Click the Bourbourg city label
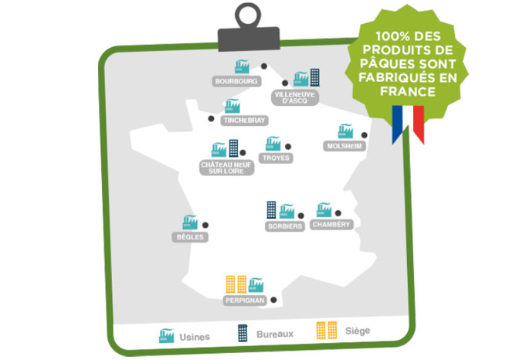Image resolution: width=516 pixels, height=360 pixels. pos(236,80)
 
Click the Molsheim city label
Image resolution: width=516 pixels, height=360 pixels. pos(343,147)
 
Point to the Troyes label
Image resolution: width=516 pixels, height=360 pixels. pos(276,158)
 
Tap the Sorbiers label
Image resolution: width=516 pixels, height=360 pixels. pos(283,226)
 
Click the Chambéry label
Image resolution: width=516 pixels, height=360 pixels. pos(331,225)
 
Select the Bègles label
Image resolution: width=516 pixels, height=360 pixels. pos(189,236)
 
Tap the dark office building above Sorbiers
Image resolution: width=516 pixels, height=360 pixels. pos(272,209)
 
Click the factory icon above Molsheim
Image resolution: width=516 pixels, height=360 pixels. pos(345,132)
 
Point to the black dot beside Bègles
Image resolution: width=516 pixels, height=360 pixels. pos(205,225)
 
